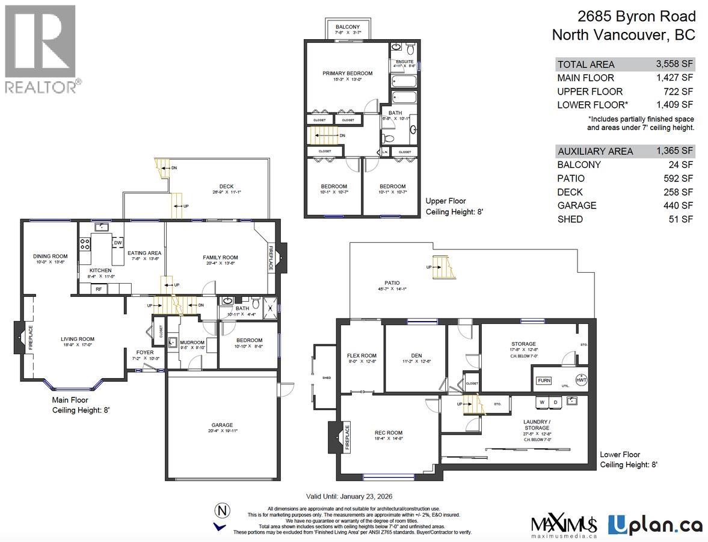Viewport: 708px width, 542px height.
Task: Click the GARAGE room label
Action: [222, 425]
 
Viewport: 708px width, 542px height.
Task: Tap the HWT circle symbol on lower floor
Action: [581, 379]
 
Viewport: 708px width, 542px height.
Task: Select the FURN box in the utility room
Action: [544, 381]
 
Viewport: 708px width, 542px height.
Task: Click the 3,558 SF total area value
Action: [674, 64]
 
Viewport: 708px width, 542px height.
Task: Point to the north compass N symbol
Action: [223, 511]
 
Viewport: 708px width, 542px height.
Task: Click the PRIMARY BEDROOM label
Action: [347, 73]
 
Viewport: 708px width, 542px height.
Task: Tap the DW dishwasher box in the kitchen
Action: [118, 243]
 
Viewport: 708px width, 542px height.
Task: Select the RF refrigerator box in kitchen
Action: [98, 289]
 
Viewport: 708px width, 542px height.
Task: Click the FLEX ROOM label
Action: [362, 356]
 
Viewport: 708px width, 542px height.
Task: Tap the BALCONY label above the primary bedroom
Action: [348, 27]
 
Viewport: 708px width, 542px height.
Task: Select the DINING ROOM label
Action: [50, 257]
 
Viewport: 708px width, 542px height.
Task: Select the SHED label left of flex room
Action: [327, 378]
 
